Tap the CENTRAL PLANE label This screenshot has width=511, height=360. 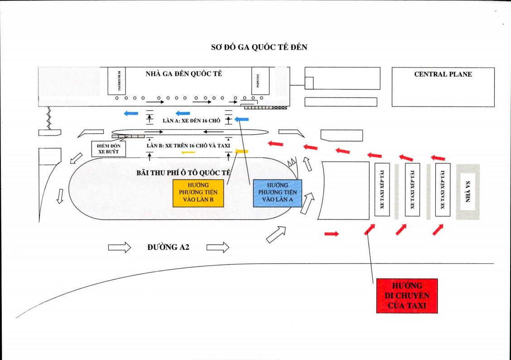click(443, 74)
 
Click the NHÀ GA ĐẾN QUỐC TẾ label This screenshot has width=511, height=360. click(183, 74)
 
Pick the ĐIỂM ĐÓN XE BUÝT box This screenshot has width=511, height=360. click(108, 149)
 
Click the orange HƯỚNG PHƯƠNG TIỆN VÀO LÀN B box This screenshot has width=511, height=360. click(198, 194)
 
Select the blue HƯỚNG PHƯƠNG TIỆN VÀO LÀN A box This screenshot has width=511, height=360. click(278, 193)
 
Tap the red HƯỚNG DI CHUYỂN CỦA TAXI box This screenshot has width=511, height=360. click(406, 295)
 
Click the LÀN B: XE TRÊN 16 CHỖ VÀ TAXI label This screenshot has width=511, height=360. click(188, 146)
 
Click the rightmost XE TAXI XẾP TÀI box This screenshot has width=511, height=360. click(442, 190)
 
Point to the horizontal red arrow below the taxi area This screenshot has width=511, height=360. click(332, 234)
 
